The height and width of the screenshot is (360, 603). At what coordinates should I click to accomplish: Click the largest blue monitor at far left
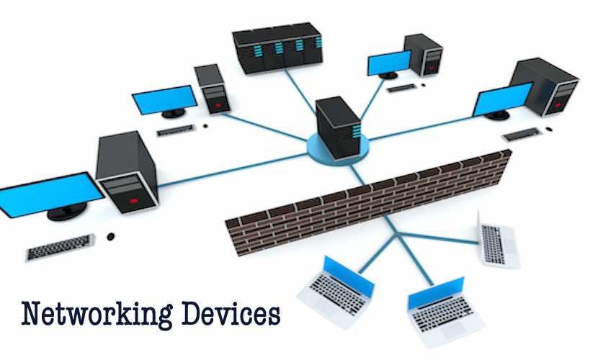50,192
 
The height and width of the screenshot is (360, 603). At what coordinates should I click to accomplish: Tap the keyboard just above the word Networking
61,247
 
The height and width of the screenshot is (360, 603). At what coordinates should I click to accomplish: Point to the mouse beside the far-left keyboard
110,236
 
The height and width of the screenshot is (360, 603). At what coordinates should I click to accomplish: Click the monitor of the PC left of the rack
165,99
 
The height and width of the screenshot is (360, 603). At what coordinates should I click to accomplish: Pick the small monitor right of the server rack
389,64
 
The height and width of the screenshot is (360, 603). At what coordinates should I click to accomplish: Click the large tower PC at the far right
545,87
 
